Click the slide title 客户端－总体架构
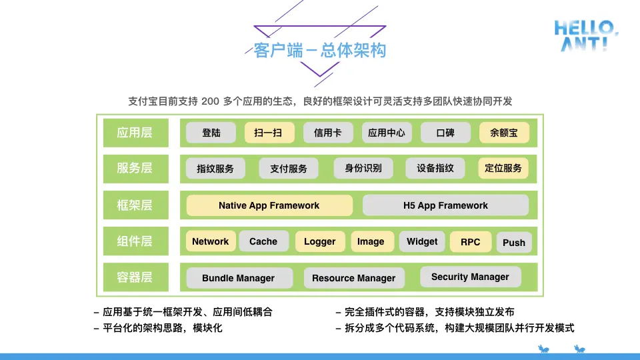point(319,51)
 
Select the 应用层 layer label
point(135,133)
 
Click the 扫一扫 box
point(268,133)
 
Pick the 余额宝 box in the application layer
point(504,133)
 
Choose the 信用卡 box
point(328,133)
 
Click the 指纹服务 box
point(215,169)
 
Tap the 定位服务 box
point(503,168)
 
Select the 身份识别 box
point(363,169)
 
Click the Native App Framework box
point(269,205)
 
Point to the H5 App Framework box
point(445,205)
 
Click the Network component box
point(210,241)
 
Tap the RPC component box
point(470,242)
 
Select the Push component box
point(513,243)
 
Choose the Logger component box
point(320,241)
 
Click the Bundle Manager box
point(238,278)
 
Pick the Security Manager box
point(470,277)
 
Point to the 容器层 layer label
point(135,277)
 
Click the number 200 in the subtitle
point(210,101)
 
